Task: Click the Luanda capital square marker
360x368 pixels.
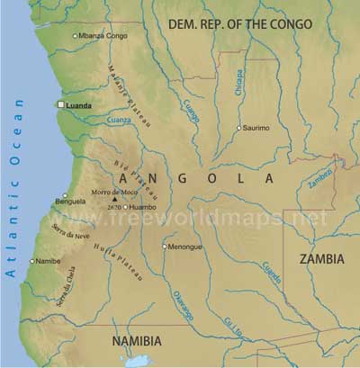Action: pos(61,105)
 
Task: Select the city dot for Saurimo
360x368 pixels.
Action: pos(238,129)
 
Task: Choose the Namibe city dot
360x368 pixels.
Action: pos(32,262)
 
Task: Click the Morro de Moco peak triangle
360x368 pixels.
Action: pos(114,199)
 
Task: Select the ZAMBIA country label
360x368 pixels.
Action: pos(320,259)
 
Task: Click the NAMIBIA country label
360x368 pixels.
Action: pos(136,342)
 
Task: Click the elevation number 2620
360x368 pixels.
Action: pos(114,208)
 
